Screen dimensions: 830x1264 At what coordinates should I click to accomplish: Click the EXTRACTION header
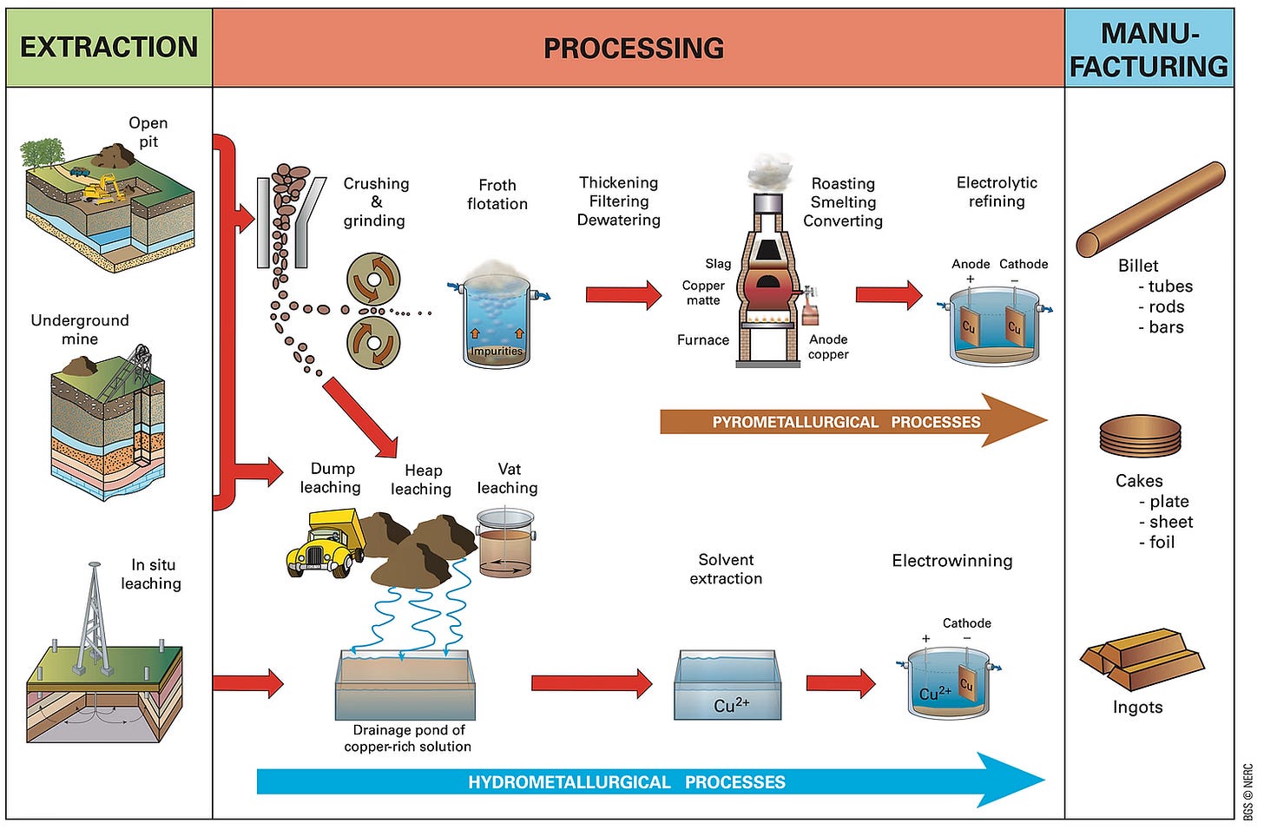pos(109,47)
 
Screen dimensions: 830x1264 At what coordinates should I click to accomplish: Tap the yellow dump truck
pos(323,543)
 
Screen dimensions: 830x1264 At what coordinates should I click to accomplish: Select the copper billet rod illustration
pos(1150,209)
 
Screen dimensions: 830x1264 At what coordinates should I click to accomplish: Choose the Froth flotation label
pos(497,194)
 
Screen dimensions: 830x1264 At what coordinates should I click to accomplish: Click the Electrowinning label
pos(951,561)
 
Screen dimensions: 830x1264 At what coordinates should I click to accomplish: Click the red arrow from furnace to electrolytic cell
pos(888,295)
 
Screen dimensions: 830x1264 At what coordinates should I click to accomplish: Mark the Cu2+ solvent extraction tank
pos(727,686)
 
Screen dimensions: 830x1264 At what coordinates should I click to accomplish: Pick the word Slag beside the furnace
pos(718,264)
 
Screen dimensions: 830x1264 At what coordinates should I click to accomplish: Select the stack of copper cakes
pos(1140,435)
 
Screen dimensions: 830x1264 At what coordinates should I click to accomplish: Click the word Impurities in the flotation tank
pos(497,352)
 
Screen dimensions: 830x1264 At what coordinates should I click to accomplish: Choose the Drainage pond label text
pos(408,738)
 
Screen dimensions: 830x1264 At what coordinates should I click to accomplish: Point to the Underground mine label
pos(80,330)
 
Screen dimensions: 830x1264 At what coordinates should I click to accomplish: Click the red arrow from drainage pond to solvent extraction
pos(591,683)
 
